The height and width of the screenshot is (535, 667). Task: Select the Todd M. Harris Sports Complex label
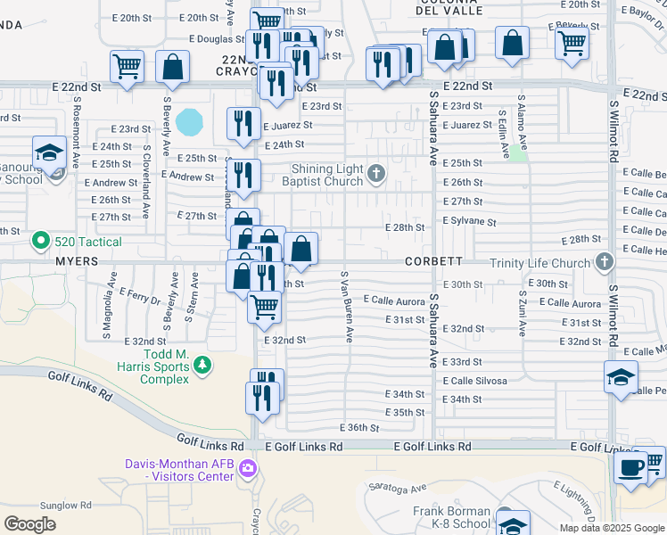[153, 371]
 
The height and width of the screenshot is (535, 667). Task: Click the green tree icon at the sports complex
[203, 364]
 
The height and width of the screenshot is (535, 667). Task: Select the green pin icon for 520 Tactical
[39, 240]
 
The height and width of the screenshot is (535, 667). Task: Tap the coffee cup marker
[631, 466]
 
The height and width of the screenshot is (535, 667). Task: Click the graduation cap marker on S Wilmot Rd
[621, 378]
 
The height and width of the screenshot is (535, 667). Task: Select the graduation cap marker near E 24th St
[50, 152]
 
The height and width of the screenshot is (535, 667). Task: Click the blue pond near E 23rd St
[189, 120]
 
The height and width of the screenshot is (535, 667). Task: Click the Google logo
[30, 523]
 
